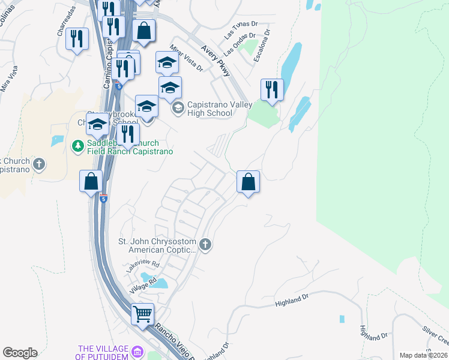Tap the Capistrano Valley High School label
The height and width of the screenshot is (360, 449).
coord(209,109)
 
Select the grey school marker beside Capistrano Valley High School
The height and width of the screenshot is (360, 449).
coord(178,109)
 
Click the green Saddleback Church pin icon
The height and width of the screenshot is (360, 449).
coord(77,146)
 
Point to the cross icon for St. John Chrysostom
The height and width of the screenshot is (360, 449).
coord(205,244)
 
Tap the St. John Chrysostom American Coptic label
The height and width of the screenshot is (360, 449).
coord(157,247)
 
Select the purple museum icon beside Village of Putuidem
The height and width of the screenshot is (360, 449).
coord(137,352)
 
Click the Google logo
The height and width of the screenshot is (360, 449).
coord(20,353)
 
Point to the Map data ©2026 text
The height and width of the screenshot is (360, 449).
coord(423,355)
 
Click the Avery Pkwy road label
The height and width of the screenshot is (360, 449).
coord(216,61)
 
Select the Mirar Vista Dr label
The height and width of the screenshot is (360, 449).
coord(186,57)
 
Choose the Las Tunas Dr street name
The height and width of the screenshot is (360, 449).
coord(241,31)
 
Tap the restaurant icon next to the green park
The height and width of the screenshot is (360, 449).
coord(272,90)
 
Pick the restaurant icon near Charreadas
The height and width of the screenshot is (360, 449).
coord(77,40)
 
